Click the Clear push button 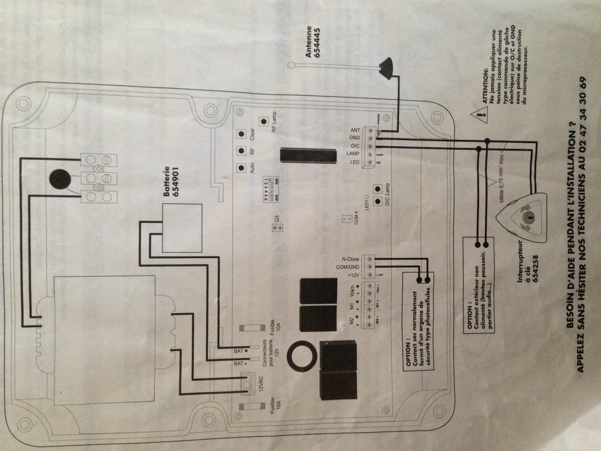pos(242,133)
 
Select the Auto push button pos(242,167)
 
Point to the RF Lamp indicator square pos(264,122)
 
